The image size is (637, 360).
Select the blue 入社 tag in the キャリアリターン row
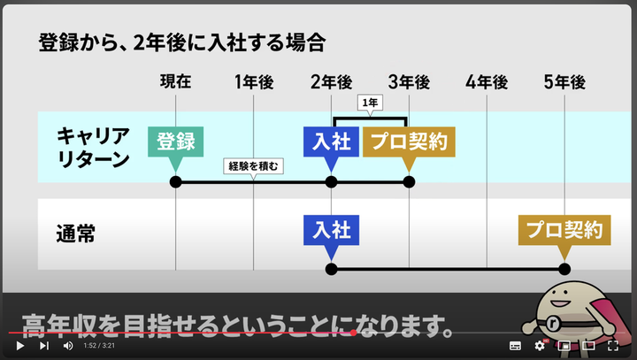click(x=331, y=142)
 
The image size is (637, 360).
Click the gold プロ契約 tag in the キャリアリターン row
click(x=408, y=142)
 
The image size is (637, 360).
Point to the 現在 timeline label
click(x=175, y=82)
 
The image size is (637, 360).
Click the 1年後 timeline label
click(x=254, y=82)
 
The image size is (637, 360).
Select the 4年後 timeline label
click(x=487, y=82)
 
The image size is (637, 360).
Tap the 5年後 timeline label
click(x=564, y=82)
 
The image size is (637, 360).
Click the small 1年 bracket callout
click(x=370, y=103)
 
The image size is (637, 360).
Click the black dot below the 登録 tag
click(x=175, y=182)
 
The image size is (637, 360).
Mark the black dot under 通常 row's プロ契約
click(x=564, y=269)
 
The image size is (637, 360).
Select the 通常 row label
click(x=75, y=235)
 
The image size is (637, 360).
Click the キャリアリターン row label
click(x=93, y=147)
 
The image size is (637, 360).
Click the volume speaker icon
click(x=68, y=346)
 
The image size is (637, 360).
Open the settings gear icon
click(x=539, y=346)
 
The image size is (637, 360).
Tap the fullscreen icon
click(x=612, y=346)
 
